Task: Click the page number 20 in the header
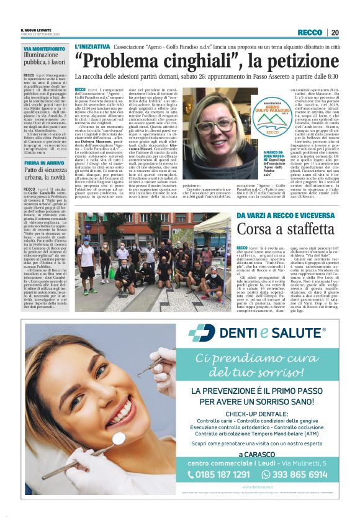tap(335, 32)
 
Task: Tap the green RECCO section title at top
tap(310, 32)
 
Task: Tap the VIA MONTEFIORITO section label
tap(45, 48)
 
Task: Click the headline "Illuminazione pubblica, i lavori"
tap(45, 59)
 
